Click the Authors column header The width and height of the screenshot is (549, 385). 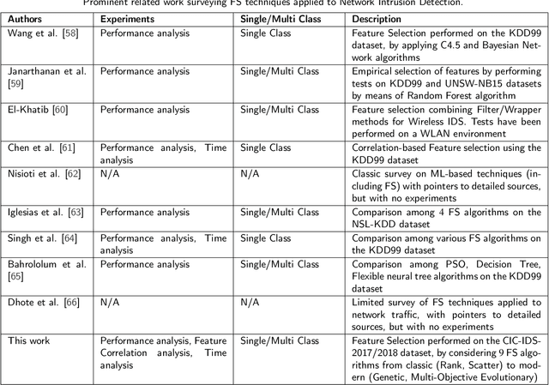tap(27, 17)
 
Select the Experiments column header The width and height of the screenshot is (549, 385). tap(129, 17)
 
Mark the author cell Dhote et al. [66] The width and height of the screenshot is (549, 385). tap(43, 304)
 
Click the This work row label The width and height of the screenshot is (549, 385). tap(30, 341)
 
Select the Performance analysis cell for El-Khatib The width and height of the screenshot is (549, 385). tap(144, 110)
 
